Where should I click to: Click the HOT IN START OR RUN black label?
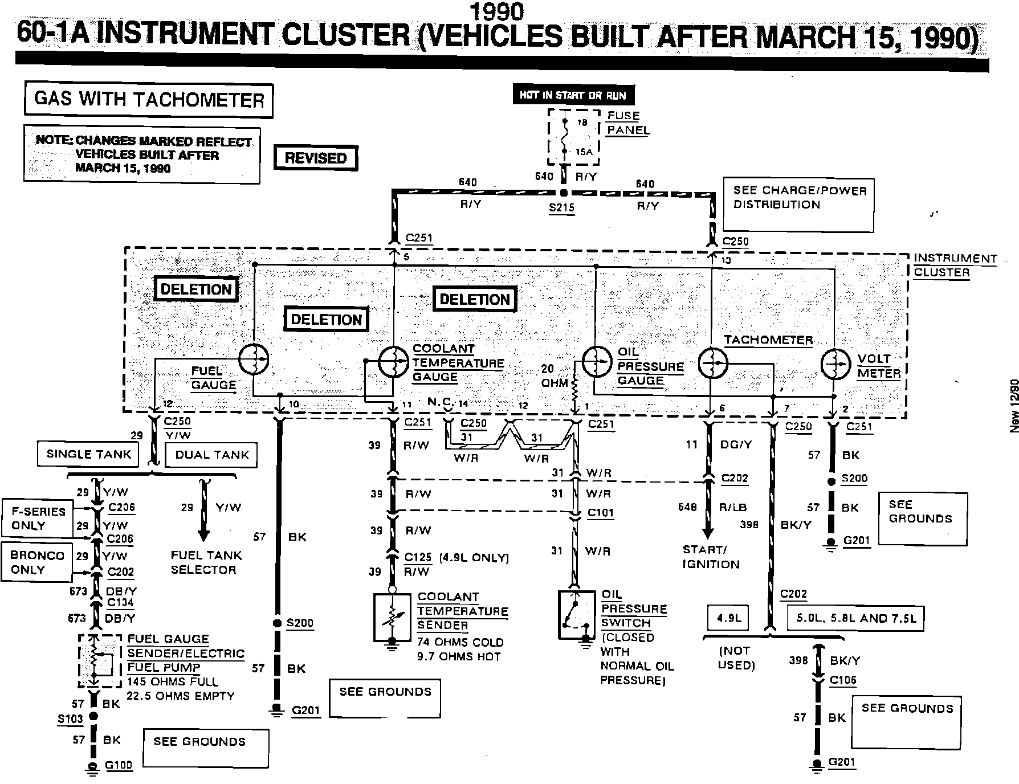(x=573, y=95)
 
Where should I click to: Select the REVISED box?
(x=316, y=158)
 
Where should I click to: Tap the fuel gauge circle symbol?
(x=253, y=359)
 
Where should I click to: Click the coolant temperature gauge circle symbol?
(x=394, y=361)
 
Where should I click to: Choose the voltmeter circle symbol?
(x=835, y=364)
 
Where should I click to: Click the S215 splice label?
(x=561, y=208)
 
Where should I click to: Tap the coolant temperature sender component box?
(x=392, y=619)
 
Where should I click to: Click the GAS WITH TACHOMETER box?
(x=149, y=100)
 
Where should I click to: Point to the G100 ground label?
(x=119, y=765)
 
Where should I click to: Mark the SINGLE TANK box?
(x=88, y=454)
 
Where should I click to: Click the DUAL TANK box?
(x=211, y=455)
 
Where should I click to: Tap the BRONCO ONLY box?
(x=37, y=562)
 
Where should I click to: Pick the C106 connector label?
(x=843, y=680)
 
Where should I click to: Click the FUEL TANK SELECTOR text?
(x=206, y=562)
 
